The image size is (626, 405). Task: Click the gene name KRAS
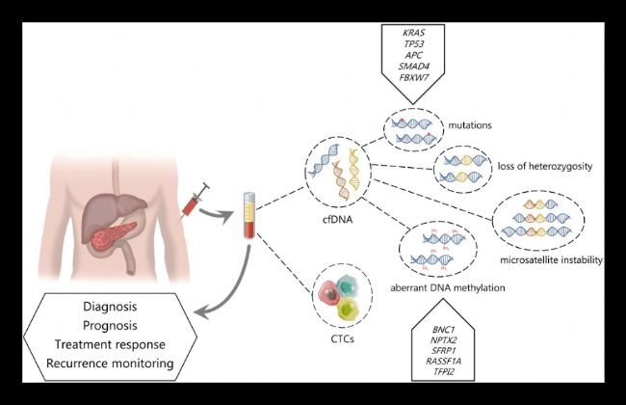click(x=413, y=33)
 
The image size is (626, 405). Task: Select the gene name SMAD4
click(x=413, y=67)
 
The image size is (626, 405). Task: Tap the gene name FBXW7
click(x=413, y=77)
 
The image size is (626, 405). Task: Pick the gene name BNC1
click(x=443, y=330)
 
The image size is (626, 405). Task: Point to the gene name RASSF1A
click(x=443, y=361)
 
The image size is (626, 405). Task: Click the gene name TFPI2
click(x=443, y=372)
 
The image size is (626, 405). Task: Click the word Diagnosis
click(x=110, y=307)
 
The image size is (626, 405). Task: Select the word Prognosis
click(x=110, y=326)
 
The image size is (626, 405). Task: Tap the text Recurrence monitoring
click(x=110, y=364)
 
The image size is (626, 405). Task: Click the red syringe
click(x=195, y=202)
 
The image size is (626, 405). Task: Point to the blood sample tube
click(x=249, y=215)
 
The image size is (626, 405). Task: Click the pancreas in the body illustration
click(x=113, y=236)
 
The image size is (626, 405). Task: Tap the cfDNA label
click(x=338, y=220)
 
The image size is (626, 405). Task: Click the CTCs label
click(x=343, y=339)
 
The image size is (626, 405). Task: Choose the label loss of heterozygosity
click(x=545, y=166)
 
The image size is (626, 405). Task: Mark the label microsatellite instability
click(x=551, y=259)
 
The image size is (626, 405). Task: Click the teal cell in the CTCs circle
click(x=347, y=287)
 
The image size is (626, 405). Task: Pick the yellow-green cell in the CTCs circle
click(x=348, y=310)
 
